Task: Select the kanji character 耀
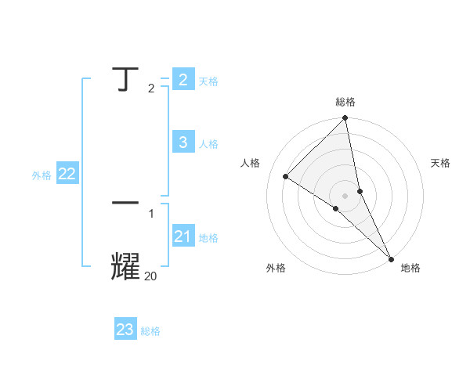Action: (125, 266)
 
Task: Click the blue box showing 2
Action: (183, 79)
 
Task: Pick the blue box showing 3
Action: (183, 142)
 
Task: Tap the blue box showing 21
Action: (183, 236)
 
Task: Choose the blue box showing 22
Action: (67, 174)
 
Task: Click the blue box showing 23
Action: (125, 330)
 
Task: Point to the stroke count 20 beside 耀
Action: (150, 276)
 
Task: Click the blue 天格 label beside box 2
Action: (208, 81)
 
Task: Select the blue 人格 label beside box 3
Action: (208, 144)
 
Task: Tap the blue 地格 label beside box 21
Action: (208, 238)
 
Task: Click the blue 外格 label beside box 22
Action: (42, 176)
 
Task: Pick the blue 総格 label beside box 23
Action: (150, 332)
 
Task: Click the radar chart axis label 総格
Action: (345, 102)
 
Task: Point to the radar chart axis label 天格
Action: (440, 163)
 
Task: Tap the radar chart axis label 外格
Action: (276, 268)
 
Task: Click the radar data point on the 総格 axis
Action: (345, 118)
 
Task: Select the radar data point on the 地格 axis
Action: (391, 258)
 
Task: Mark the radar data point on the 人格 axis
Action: (286, 176)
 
